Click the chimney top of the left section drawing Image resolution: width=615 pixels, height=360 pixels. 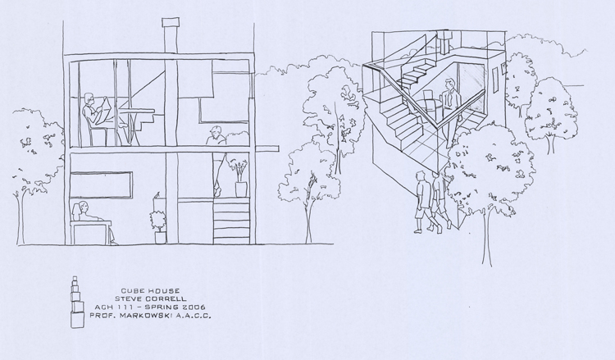pos(171,22)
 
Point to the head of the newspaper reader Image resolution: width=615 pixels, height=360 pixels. pos(89,98)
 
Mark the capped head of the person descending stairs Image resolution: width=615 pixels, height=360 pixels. pos(215,130)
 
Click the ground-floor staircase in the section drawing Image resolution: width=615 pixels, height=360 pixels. pos(231,221)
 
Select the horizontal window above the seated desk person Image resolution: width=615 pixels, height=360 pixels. pos(101,185)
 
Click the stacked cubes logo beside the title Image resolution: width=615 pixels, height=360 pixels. pos(77,302)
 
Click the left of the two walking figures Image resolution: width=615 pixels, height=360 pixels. pos(423,203)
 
